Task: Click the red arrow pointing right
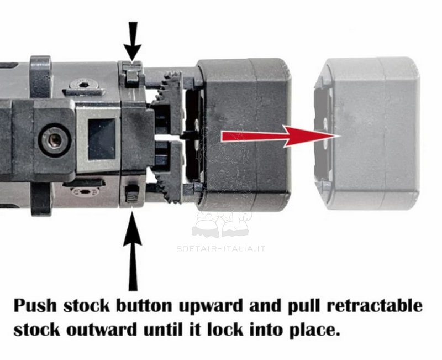click(x=281, y=137)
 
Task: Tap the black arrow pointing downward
click(x=132, y=41)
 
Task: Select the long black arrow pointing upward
click(x=132, y=251)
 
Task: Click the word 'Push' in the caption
click(x=35, y=306)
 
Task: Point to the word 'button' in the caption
click(x=144, y=306)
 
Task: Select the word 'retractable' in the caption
click(x=375, y=306)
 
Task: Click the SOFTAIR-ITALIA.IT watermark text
click(x=220, y=249)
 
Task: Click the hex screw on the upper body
click(x=83, y=86)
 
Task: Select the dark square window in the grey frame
click(x=102, y=139)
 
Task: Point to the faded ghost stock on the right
click(x=367, y=133)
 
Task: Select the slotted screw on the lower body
click(x=85, y=192)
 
